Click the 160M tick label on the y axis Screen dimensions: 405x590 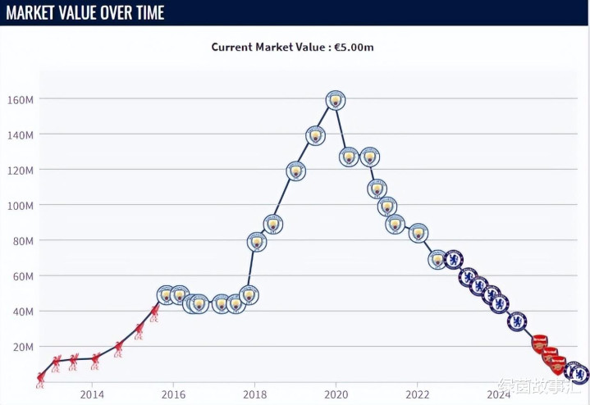22,99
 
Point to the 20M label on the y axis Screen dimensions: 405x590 25,347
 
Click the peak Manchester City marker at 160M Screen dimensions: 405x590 335,100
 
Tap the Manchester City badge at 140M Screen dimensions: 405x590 315,135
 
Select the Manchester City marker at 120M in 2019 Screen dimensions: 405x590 296,171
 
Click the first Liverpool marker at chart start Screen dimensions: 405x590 41,378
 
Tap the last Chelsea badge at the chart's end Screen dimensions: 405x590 579,374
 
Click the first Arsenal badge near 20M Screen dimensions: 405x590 539,343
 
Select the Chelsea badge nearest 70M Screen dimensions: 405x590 454,260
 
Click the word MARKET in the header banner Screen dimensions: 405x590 34,13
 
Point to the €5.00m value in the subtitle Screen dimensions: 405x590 354,47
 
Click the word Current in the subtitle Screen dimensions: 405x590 231,47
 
